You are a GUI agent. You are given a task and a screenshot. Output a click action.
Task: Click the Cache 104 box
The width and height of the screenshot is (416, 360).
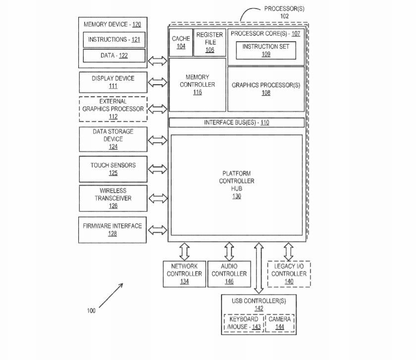pos(178,43)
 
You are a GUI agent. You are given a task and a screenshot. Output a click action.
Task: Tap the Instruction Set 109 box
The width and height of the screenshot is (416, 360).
pos(266,50)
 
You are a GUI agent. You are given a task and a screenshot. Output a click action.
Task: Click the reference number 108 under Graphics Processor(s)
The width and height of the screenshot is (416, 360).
pos(266,93)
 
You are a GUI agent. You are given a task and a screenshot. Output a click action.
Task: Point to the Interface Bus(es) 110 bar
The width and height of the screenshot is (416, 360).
pos(237,123)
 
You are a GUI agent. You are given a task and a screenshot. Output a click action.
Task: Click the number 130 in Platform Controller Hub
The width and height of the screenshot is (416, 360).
pos(237,196)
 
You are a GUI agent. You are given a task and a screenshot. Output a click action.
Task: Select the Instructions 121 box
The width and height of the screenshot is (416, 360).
pos(114,40)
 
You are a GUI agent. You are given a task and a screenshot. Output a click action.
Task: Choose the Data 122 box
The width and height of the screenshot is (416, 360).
pos(114,55)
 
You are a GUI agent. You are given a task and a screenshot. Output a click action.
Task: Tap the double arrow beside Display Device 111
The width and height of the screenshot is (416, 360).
pos(158,82)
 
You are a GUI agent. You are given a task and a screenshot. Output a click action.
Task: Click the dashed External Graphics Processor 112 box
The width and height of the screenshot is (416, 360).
pos(113,109)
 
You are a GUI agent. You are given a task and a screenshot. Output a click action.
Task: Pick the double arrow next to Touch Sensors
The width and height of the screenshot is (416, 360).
pos(158,169)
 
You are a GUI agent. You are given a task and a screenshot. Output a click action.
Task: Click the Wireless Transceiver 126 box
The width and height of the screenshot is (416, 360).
pos(113,198)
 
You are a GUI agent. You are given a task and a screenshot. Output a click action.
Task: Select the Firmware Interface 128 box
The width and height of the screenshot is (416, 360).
pos(113,229)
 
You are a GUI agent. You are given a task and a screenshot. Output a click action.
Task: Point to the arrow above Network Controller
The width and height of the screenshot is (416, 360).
pos(185,251)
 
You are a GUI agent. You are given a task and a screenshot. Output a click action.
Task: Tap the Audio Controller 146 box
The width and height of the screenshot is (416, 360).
pos(229,274)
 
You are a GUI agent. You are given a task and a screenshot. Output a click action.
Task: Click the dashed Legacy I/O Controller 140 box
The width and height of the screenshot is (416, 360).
pos(289,274)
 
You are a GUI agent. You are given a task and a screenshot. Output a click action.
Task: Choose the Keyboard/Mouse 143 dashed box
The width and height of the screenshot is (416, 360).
pos(244,323)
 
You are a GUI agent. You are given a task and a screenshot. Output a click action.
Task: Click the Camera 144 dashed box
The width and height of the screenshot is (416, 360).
pos(280,323)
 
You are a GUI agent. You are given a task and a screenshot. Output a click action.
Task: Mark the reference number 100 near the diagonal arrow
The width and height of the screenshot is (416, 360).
pos(91,310)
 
